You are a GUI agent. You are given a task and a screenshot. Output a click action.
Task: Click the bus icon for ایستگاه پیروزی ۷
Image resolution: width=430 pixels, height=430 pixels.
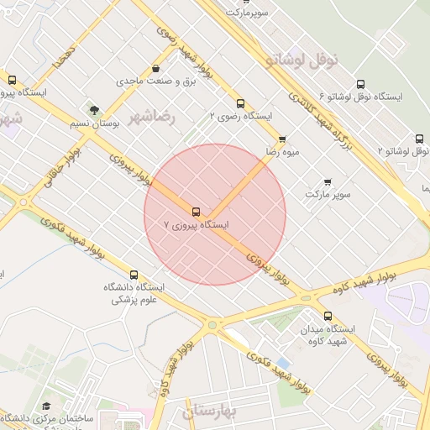tap(196, 212)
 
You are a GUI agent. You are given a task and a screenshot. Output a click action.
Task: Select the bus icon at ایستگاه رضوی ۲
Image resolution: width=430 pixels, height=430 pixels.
tap(241, 103)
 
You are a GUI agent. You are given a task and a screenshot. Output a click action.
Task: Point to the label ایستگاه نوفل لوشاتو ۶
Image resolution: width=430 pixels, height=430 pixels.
tap(367, 97)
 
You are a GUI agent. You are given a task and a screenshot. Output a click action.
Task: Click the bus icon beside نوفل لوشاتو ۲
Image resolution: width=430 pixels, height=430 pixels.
tap(419, 139)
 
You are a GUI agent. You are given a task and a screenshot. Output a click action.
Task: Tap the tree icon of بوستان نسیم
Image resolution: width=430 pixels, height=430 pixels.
tap(94, 110)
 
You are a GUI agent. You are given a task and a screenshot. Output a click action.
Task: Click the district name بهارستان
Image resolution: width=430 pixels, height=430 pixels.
tap(210, 411)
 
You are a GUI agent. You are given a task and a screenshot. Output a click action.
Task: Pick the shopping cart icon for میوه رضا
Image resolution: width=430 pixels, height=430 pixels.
tap(282, 139)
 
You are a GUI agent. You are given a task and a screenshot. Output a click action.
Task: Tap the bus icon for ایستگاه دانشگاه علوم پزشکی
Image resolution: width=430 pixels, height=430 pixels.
tap(134, 275)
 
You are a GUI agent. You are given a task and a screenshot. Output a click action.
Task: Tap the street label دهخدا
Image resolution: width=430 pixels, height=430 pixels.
tap(64, 52)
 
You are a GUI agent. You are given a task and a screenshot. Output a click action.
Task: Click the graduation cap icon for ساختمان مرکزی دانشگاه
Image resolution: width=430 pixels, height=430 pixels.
tap(46, 406)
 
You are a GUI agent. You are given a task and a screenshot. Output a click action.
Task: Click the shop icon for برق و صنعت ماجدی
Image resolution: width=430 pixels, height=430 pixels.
tap(155, 69)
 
